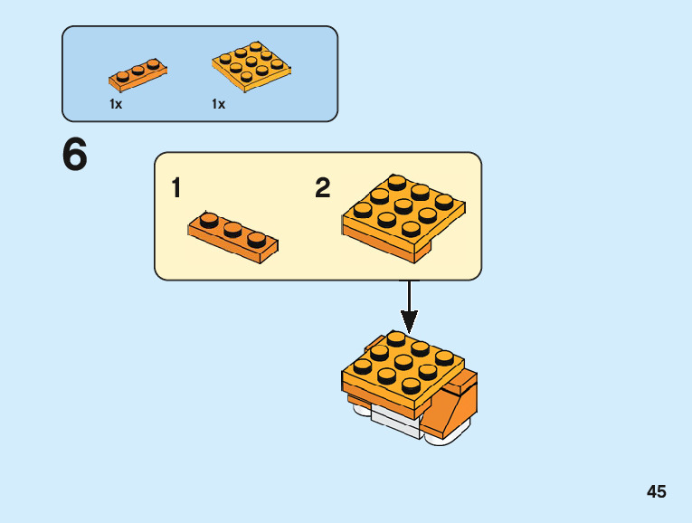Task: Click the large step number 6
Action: (x=75, y=155)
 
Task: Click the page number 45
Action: (x=656, y=491)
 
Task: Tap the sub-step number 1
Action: (x=176, y=189)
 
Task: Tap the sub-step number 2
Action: (x=323, y=188)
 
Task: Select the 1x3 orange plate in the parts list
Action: (x=137, y=75)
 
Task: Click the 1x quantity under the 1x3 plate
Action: (x=116, y=105)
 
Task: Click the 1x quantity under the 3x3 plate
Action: (x=218, y=105)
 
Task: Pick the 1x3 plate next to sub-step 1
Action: (x=232, y=236)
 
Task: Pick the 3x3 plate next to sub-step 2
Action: (x=403, y=217)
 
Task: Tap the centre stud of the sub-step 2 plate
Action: (x=403, y=206)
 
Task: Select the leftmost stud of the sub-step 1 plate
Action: (x=208, y=219)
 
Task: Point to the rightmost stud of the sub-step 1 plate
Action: (x=257, y=239)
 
